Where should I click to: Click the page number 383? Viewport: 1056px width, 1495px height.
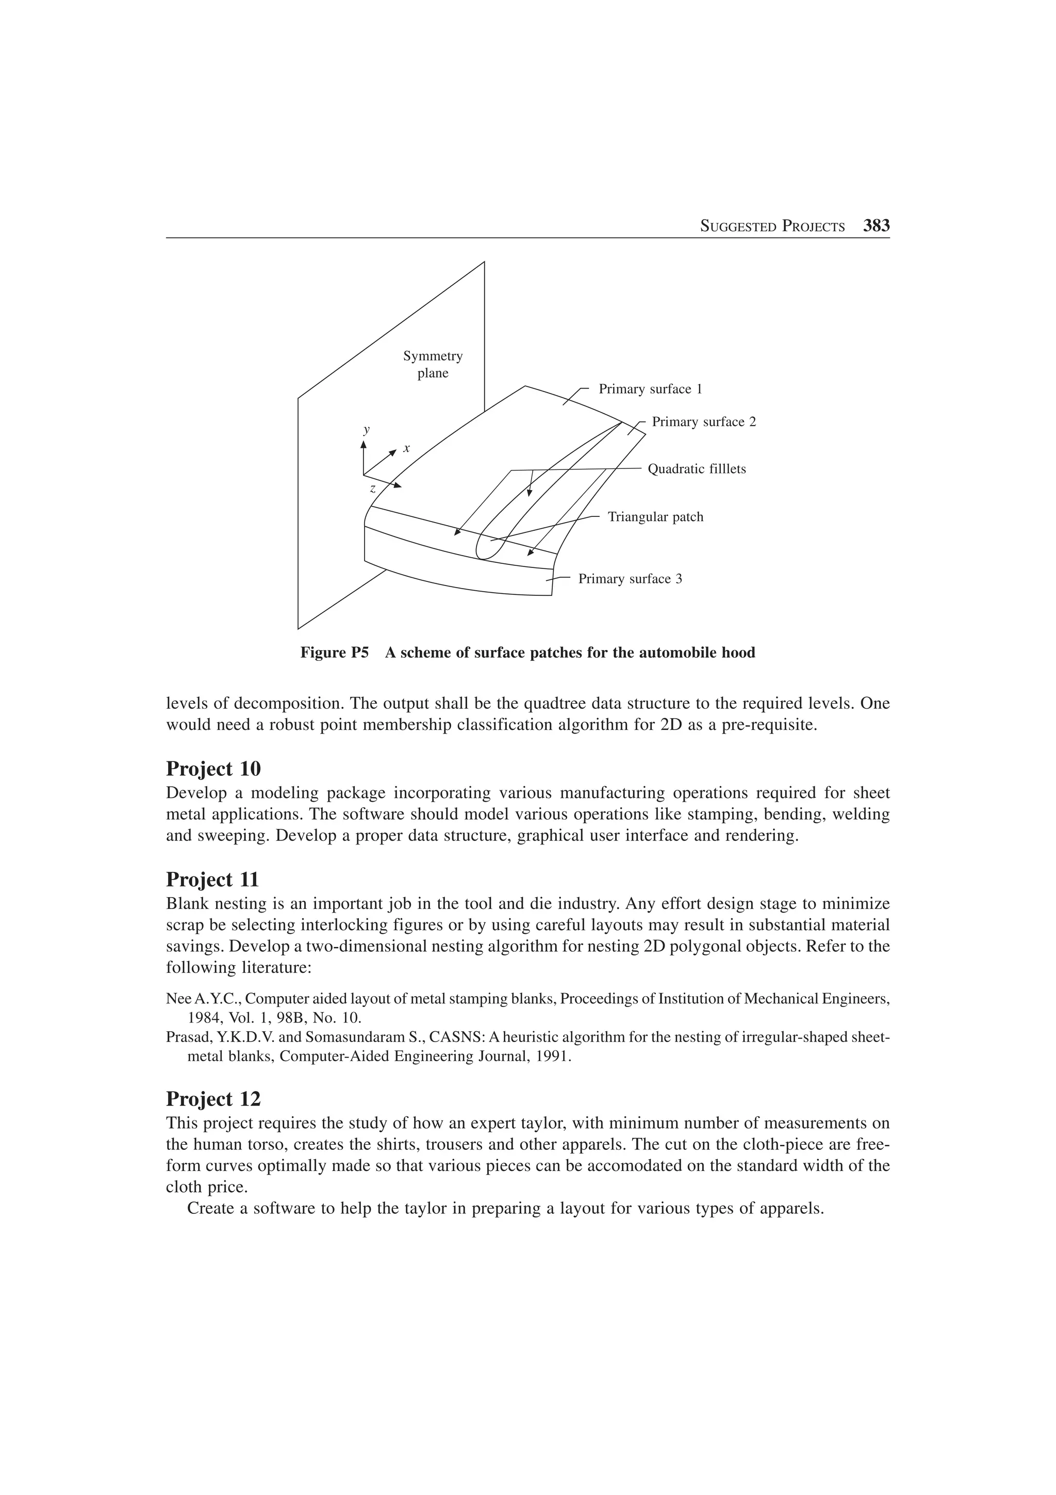(x=876, y=226)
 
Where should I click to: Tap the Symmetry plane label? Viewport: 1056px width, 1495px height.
(x=433, y=365)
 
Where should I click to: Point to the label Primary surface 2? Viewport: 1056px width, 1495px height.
(x=704, y=422)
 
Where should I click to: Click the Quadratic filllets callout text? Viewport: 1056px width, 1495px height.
(x=697, y=469)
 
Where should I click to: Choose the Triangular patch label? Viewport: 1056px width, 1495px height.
(x=655, y=517)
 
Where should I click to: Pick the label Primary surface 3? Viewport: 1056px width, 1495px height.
(x=630, y=579)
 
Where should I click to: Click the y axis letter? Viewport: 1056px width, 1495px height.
(x=366, y=429)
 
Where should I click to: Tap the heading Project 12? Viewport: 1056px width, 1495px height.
(x=213, y=1099)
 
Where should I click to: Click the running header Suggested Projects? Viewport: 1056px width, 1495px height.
(x=772, y=226)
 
